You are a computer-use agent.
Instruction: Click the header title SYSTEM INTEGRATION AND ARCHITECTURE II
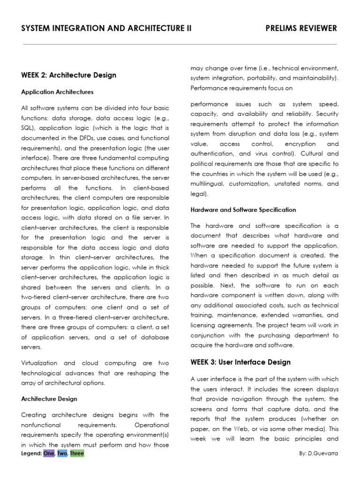tap(106, 29)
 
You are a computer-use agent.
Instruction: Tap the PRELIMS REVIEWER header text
tap(301, 29)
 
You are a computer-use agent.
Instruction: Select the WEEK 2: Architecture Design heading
tap(68, 75)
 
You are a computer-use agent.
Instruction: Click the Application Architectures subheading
tap(57, 92)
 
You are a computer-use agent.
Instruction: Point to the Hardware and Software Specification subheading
tap(243, 210)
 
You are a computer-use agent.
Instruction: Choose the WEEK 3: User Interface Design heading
tap(240, 362)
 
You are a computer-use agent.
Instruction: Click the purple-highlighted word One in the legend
tap(49, 454)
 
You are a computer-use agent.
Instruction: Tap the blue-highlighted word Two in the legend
tap(62, 454)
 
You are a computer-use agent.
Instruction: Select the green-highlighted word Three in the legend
tap(77, 454)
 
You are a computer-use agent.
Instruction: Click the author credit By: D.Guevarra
tap(318, 454)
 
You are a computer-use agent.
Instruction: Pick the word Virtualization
tap(39, 363)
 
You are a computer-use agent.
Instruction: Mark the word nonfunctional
tap(41, 425)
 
